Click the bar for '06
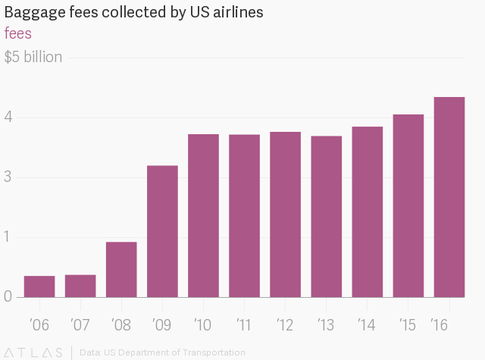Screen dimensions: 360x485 39,286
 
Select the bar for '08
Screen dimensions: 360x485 121,270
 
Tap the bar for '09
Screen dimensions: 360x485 162,231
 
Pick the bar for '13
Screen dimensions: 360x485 326,217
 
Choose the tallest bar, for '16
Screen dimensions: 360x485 449,197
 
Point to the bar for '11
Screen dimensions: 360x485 244,216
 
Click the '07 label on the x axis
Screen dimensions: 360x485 80,325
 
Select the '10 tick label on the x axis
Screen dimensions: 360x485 202,325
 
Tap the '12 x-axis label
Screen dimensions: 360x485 284,325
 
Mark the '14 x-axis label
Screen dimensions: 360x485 366,325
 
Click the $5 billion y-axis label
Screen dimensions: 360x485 33,58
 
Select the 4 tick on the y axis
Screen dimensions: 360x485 9,117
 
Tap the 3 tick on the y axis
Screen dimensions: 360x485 9,177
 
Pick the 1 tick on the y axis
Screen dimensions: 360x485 9,237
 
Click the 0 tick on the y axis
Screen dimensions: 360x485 9,296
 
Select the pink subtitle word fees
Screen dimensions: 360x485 17,34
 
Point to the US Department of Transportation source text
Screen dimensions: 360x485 174,352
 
